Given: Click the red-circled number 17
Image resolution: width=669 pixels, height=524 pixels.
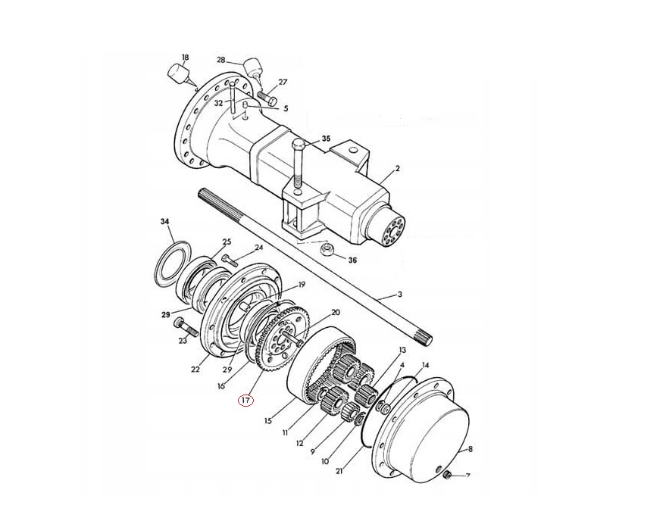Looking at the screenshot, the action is (x=245, y=401).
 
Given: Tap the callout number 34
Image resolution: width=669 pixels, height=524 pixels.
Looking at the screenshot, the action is (x=164, y=221).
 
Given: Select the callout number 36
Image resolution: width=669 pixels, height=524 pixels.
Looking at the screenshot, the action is (x=352, y=260).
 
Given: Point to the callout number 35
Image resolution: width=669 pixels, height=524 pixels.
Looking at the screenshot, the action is (x=326, y=139).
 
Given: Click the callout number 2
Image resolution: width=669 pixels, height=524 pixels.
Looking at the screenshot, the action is (x=397, y=168).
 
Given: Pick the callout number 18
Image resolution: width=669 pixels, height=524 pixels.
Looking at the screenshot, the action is (x=185, y=57).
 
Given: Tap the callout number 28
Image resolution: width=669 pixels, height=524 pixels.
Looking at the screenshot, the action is (x=220, y=60).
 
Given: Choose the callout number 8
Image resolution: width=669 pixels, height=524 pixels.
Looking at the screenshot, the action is (x=470, y=449).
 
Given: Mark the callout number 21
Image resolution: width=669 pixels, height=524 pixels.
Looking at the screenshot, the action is (x=339, y=471).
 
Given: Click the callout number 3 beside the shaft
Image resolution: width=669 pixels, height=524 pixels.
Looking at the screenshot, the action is (x=400, y=295).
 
